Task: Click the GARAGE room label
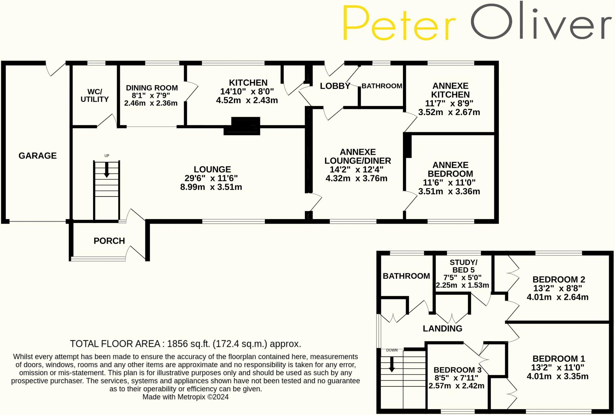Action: pyautogui.click(x=38, y=156)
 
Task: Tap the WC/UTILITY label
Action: pyautogui.click(x=95, y=96)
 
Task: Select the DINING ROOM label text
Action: pyautogui.click(x=152, y=88)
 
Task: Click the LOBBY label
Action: pyautogui.click(x=335, y=86)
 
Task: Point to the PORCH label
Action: pyautogui.click(x=109, y=241)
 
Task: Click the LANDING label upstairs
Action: pyautogui.click(x=442, y=328)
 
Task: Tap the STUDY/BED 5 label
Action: pyautogui.click(x=463, y=266)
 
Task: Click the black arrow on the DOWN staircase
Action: pyautogui.click(x=392, y=364)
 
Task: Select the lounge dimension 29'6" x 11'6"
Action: pyautogui.click(x=211, y=178)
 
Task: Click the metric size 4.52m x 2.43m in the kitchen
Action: pyautogui.click(x=247, y=100)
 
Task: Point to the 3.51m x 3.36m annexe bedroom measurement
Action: pyautogui.click(x=449, y=191)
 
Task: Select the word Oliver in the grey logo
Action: pyautogui.click(x=541, y=21)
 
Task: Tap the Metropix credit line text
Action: pyautogui.click(x=185, y=397)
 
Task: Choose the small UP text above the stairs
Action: pyautogui.click(x=107, y=156)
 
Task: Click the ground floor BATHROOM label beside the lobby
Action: pyautogui.click(x=382, y=86)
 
